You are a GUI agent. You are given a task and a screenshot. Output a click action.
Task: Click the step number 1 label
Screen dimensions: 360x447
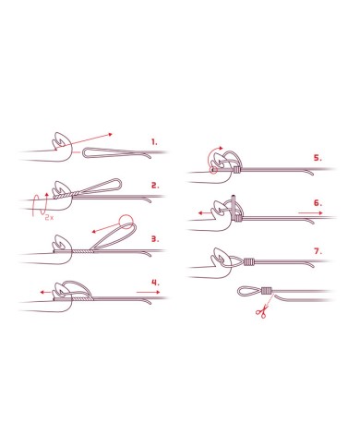(x=154, y=142)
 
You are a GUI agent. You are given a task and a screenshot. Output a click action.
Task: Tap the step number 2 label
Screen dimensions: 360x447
(x=155, y=186)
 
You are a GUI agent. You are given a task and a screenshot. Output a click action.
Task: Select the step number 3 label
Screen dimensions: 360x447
(x=155, y=239)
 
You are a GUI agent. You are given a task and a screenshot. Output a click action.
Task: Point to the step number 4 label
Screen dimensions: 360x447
(x=155, y=283)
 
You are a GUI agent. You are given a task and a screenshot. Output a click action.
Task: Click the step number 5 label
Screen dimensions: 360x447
(x=318, y=158)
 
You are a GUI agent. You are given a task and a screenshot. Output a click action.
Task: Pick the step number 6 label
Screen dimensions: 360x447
(x=318, y=203)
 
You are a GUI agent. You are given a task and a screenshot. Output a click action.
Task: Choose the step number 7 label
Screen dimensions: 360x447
(x=318, y=251)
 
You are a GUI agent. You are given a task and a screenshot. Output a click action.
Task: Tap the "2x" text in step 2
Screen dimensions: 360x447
(x=49, y=217)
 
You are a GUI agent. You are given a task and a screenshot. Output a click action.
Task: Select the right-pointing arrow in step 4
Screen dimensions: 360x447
(x=149, y=292)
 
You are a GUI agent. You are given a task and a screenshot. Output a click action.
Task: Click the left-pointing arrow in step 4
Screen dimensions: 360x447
(x=46, y=292)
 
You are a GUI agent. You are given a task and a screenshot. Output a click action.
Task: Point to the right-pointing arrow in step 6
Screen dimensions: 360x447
(x=311, y=212)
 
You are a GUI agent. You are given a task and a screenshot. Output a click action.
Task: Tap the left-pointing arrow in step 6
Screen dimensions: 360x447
(x=204, y=212)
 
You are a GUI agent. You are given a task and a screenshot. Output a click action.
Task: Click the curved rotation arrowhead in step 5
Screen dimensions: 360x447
(x=221, y=148)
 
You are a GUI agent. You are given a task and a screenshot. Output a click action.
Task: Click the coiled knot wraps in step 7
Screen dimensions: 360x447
(x=249, y=262)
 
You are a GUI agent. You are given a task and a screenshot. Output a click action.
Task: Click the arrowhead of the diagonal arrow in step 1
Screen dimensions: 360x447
(x=111, y=134)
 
